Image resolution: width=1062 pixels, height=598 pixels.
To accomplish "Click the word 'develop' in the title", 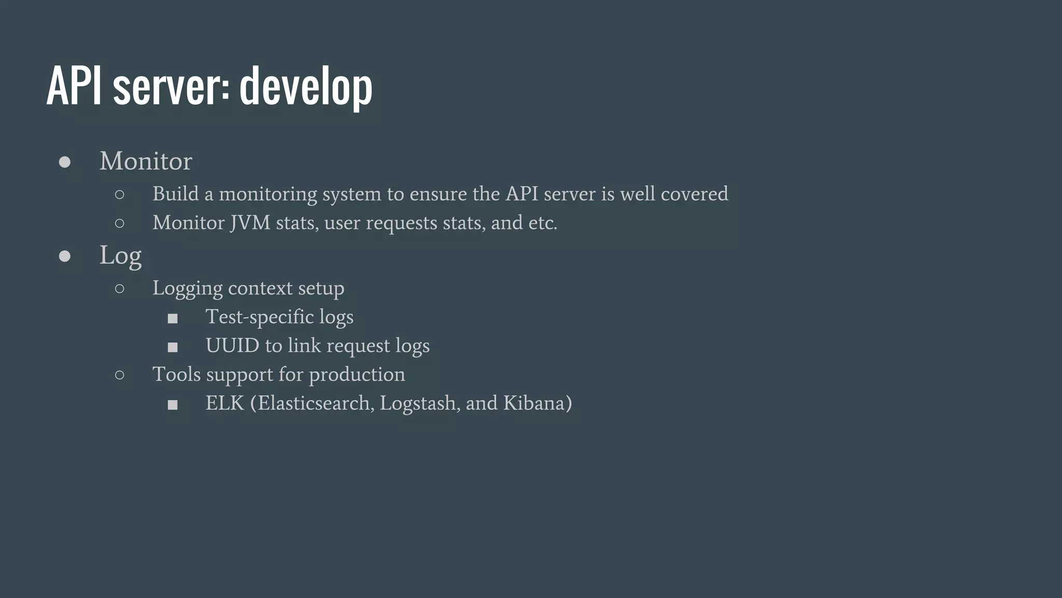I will [306, 87].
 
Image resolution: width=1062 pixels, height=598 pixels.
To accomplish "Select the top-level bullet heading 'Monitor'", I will [146, 161].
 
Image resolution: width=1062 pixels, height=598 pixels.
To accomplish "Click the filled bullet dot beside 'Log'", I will [65, 256].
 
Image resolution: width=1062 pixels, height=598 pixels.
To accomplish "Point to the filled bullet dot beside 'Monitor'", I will [65, 162].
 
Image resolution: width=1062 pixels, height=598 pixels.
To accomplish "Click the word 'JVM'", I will [250, 223].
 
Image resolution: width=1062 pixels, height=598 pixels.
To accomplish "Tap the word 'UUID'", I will [232, 346].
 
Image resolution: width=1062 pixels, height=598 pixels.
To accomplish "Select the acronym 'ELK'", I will [225, 403].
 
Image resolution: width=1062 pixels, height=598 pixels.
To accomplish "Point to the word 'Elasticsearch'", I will [314, 403].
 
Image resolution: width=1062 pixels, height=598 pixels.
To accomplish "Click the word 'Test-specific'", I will [259, 317].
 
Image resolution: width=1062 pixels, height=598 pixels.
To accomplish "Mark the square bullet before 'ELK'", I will [173, 405].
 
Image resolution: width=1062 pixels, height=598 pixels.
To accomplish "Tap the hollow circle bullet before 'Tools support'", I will [120, 375].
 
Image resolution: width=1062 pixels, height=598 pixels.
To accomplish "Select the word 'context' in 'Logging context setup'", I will [260, 288].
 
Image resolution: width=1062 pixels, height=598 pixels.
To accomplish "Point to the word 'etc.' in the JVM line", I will [543, 223].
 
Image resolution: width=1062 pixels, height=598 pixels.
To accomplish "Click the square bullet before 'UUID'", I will [173, 347].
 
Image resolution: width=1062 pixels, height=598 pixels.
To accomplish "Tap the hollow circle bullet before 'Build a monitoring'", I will [120, 195].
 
